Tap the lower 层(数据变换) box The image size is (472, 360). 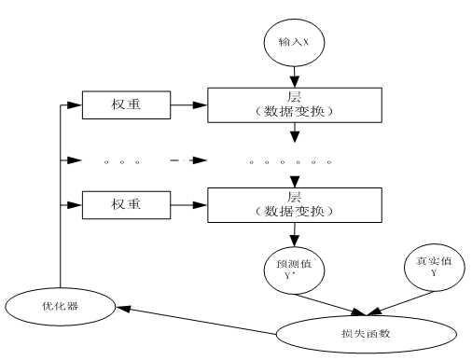tap(295, 202)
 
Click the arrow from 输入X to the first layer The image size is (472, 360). tap(296, 75)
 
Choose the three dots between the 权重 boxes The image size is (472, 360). tap(121, 161)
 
